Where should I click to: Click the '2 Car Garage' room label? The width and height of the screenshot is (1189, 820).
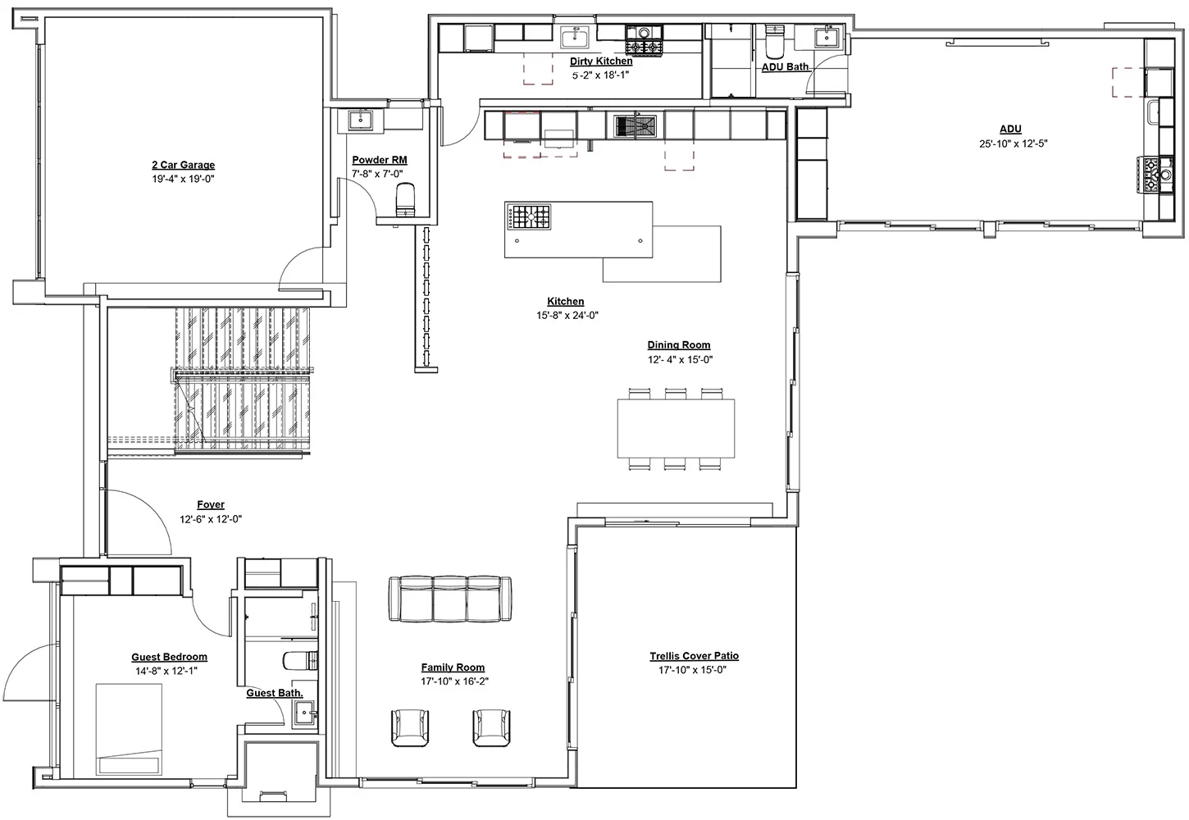coord(183,165)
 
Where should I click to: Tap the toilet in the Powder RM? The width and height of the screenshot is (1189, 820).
coord(406,199)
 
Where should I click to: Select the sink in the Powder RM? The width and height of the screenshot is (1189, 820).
coord(361,120)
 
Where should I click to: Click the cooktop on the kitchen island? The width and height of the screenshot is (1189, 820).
coord(529,216)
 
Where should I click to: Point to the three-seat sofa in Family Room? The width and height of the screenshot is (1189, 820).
coord(450,599)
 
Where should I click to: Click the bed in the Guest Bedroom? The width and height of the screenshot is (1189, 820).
coord(129,729)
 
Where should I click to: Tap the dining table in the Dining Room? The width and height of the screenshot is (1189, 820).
coord(676,428)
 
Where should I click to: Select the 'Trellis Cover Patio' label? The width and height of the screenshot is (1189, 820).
coord(695,656)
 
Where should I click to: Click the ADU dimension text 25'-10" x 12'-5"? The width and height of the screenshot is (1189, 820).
coord(1014,143)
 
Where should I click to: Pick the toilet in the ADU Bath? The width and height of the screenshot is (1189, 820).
coord(774,41)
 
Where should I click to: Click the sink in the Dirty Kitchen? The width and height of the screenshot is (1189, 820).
coord(574,37)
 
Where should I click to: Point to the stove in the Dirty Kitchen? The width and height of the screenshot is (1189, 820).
coord(644,40)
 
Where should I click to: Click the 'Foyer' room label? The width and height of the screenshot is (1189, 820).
coord(211,505)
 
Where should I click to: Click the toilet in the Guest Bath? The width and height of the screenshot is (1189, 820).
coord(300,661)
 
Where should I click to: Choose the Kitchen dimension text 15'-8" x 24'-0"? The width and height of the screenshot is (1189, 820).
coord(567,315)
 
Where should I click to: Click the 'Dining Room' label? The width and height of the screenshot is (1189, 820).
coord(679,345)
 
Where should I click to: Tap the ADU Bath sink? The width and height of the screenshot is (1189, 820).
coord(827,37)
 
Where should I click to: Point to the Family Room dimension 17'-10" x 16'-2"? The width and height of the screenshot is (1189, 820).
coord(455,681)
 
